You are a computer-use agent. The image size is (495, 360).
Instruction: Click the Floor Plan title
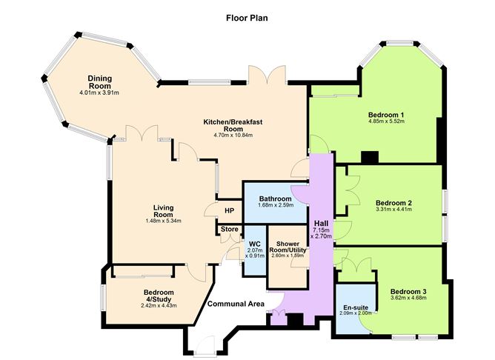[247, 16]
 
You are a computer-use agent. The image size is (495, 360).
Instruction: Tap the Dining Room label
[100, 82]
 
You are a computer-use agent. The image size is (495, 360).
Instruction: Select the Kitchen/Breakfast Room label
[233, 124]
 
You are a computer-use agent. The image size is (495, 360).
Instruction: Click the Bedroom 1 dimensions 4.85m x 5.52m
[386, 124]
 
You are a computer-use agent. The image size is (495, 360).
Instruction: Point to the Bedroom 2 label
[393, 203]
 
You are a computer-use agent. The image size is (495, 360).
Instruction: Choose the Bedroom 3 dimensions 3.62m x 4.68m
[408, 299]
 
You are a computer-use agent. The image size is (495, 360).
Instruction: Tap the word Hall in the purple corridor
[321, 224]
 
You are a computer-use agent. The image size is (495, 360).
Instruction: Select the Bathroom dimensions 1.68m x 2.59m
[275, 205]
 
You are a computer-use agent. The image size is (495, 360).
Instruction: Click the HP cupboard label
[229, 211]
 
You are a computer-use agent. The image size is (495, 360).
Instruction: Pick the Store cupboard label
[229, 230]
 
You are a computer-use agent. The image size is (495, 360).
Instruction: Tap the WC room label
[254, 244]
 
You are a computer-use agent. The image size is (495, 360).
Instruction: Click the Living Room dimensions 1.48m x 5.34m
[163, 220]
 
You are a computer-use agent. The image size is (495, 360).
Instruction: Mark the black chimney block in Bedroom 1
[370, 157]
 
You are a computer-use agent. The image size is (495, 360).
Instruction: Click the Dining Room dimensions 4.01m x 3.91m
[100, 93]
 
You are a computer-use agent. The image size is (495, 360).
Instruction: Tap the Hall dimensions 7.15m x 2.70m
[321, 237]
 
